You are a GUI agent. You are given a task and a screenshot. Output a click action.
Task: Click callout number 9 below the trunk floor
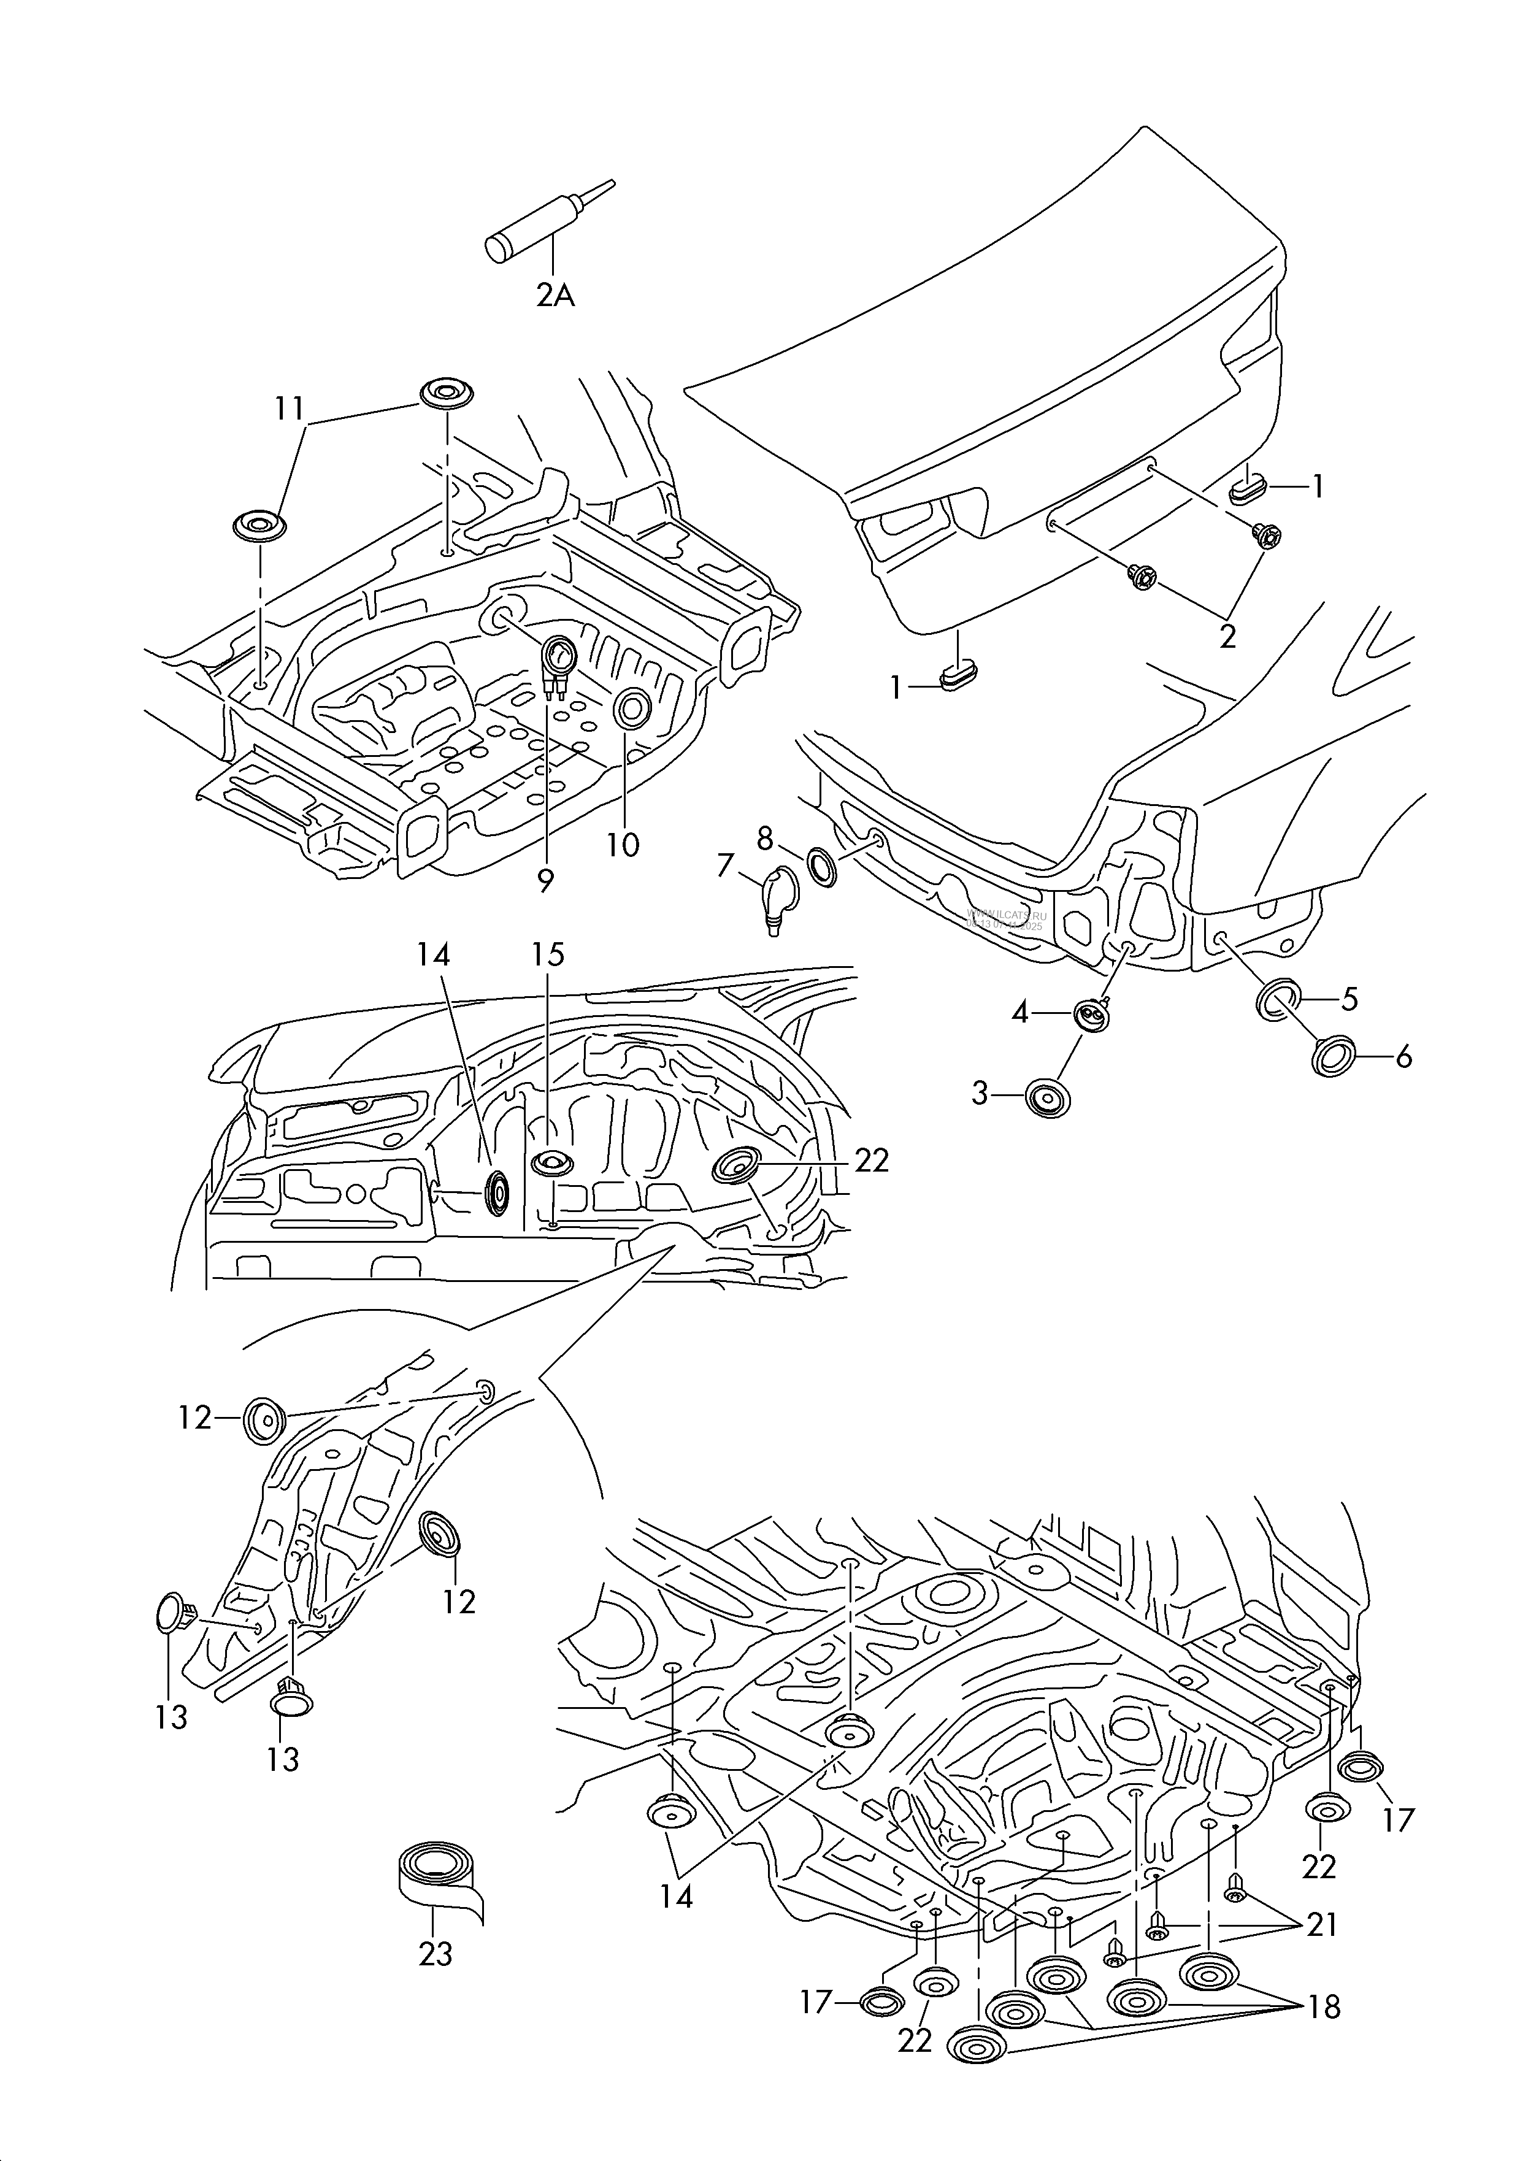546,880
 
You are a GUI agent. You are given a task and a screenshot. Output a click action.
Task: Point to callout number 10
623,844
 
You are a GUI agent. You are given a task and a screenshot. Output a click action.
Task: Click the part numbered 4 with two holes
1092,1015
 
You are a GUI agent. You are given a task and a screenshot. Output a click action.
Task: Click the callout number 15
547,954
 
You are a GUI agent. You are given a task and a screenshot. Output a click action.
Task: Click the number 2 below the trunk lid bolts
1227,635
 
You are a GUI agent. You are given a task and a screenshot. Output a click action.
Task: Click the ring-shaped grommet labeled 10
631,707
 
